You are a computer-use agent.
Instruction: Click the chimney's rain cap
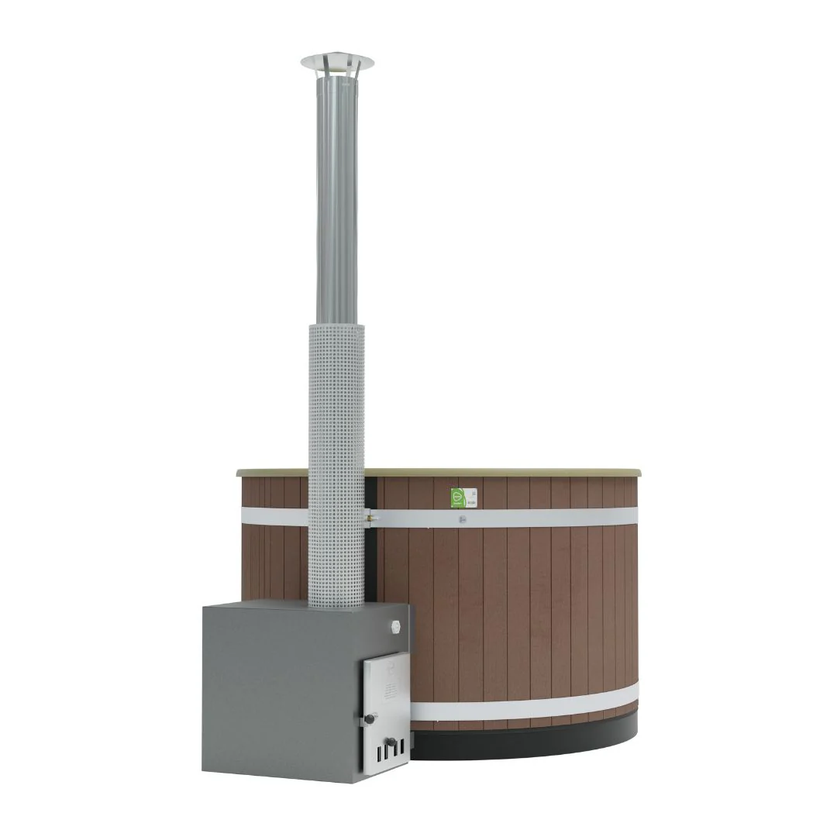pyautogui.click(x=336, y=61)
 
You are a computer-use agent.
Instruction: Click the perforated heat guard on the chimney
pyautogui.click(x=336, y=465)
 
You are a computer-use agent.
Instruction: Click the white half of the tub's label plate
pyautogui.click(x=470, y=498)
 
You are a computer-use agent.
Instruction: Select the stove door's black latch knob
pyautogui.click(x=370, y=719)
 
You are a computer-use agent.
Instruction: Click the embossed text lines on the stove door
pyautogui.click(x=387, y=686)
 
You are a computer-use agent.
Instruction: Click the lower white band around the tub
pyautogui.click(x=527, y=704)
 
